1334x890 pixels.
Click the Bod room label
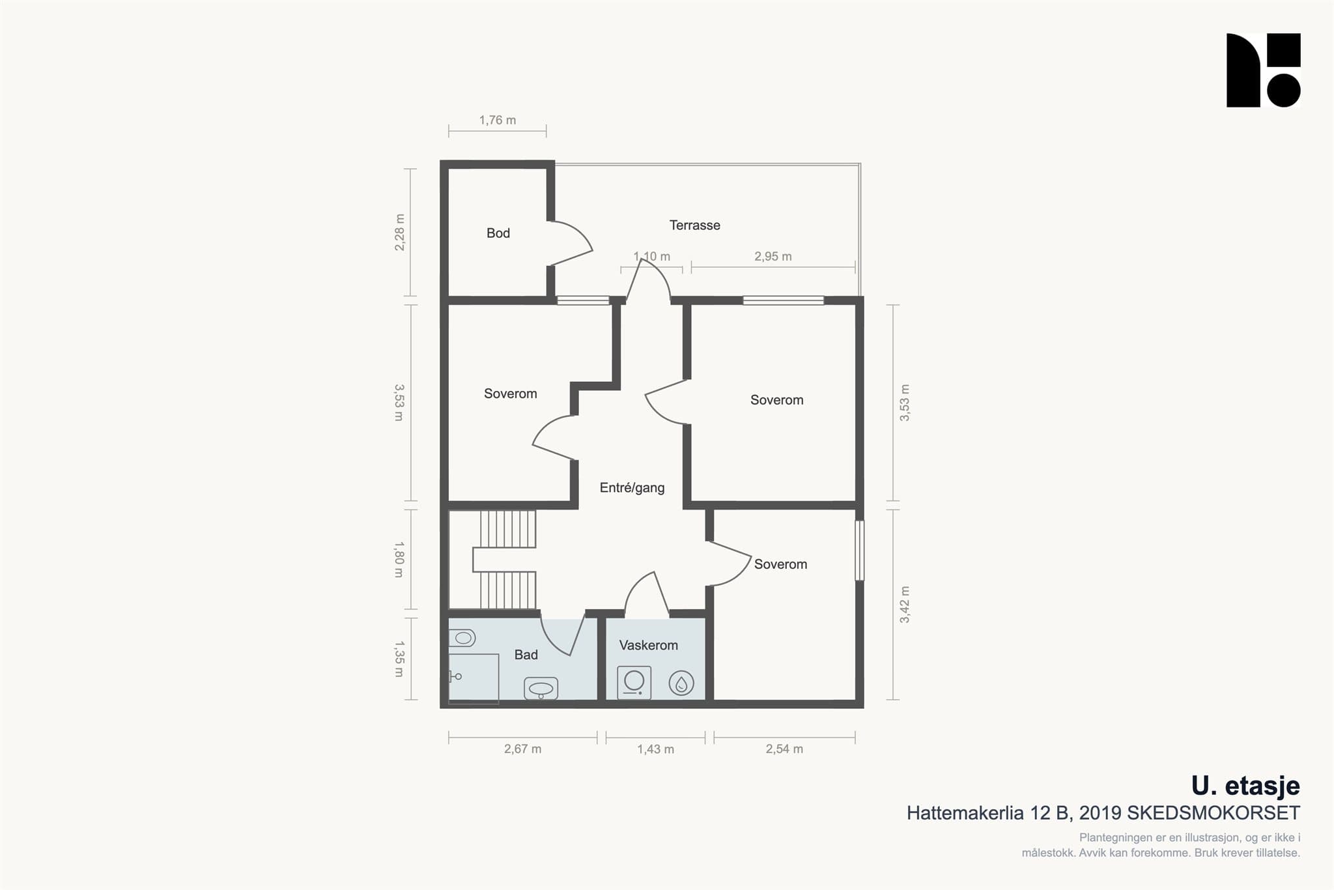click(498, 233)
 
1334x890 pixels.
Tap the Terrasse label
click(695, 225)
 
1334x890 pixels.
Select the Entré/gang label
click(632, 488)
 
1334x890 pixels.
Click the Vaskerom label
click(648, 645)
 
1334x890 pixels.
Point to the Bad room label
click(526, 655)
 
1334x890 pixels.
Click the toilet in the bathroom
click(462, 638)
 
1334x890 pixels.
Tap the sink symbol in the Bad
click(541, 689)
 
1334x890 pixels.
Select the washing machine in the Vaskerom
click(634, 682)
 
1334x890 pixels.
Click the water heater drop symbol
click(681, 683)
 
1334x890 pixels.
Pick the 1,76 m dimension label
click(498, 121)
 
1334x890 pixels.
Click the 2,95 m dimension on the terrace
click(773, 257)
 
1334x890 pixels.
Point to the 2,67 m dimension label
click(522, 749)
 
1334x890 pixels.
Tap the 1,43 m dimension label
click(655, 749)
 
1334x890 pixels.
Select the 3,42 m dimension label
click(905, 605)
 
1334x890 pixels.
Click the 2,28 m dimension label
click(399, 233)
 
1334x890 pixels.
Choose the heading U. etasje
click(1245, 786)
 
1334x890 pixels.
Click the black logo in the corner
click(1264, 70)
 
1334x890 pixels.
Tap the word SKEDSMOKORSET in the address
click(1213, 813)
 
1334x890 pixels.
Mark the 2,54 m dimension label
click(784, 749)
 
